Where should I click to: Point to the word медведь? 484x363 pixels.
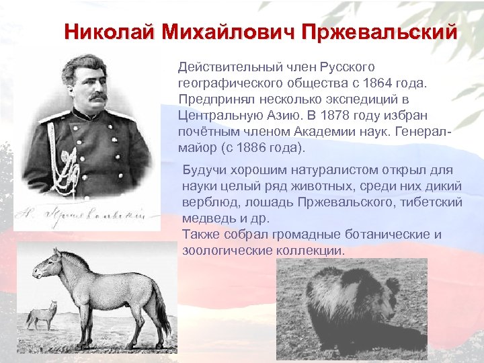[x=207, y=218]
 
